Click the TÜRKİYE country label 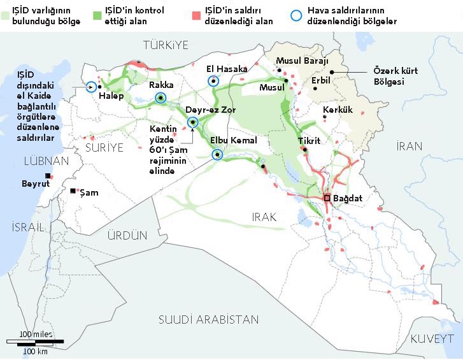point(167,45)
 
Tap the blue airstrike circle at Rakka point(160,97)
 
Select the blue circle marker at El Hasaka point(213,81)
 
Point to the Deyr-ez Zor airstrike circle point(192,122)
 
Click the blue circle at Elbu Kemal point(218,154)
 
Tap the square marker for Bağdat point(327,198)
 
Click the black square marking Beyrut point(47,176)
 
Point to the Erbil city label point(322,81)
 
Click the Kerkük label point(338,110)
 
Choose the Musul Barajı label point(301,61)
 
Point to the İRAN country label point(409,146)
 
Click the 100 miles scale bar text point(36,335)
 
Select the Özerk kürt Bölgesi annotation point(395,76)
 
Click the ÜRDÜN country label point(127,235)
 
